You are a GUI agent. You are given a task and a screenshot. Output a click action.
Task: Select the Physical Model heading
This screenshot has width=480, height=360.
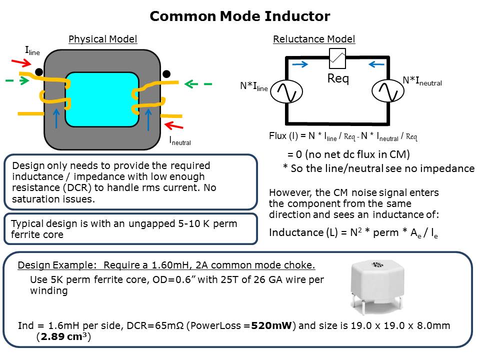(102, 39)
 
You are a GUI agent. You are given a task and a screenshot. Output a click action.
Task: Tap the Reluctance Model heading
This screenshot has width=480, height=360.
(314, 39)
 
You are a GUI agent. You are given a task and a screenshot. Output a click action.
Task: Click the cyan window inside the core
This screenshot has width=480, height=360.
(102, 99)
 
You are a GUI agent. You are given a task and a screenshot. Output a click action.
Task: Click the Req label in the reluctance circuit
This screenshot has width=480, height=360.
(338, 79)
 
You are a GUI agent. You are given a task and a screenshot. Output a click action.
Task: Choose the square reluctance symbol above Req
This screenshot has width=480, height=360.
(338, 58)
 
